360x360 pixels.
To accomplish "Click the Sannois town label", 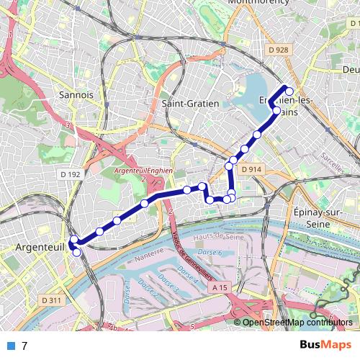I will tap(77, 94).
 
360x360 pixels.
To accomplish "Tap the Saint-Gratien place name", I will tap(190, 103).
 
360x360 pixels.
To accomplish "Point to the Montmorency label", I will tap(257, 3).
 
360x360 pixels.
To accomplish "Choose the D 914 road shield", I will tap(251, 169).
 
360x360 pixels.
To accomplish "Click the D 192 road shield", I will tap(71, 174).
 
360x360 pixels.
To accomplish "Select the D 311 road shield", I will tap(50, 300).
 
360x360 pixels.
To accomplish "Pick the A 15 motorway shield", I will tap(219, 287).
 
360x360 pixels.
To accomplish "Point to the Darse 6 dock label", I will tap(210, 253).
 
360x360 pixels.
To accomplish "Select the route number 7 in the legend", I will tap(24, 346).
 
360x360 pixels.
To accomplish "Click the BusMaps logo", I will tap(325, 345).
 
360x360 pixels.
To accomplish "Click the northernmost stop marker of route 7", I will tap(289, 91).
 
